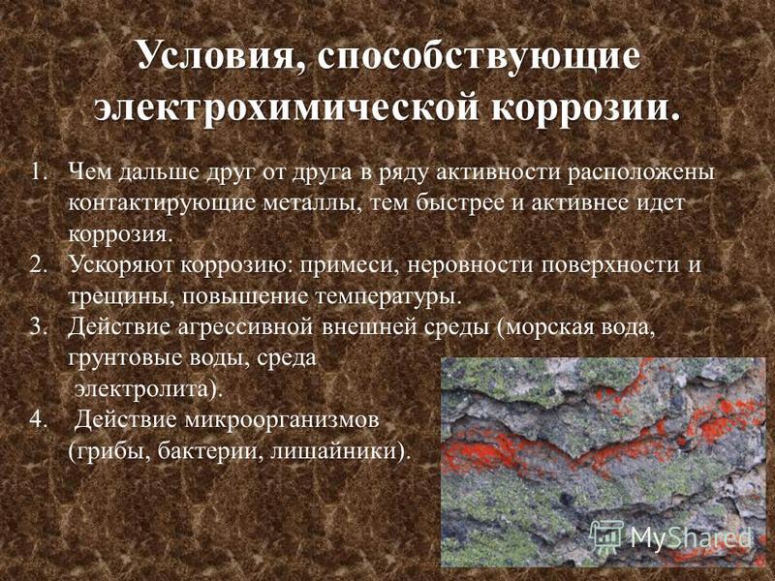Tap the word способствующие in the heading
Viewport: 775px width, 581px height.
[479, 55]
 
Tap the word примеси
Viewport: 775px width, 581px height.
[346, 265]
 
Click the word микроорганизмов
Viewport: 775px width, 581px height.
[282, 421]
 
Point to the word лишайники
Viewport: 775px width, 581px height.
[335, 451]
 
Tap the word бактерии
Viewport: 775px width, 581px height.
[211, 451]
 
